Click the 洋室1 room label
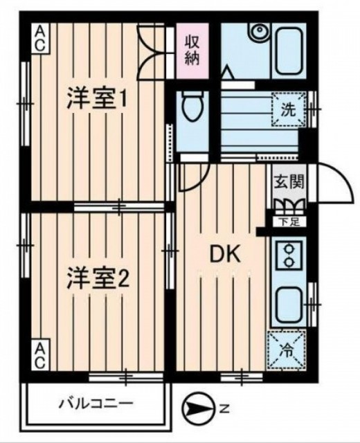tap(96, 99)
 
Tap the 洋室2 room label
tap(98, 278)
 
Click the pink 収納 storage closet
tap(192, 51)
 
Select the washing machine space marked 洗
tap(288, 109)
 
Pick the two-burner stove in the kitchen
tap(289, 255)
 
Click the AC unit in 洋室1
tap(40, 37)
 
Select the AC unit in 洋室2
tap(40, 355)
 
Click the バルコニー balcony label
tap(96, 404)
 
